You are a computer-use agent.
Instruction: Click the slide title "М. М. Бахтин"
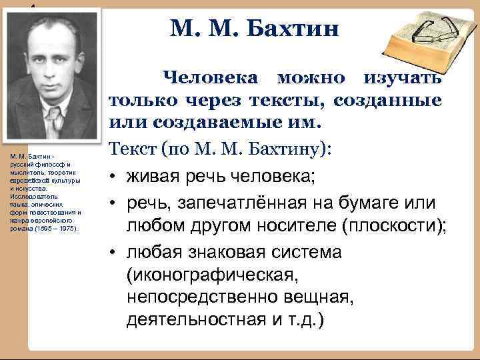click(x=255, y=29)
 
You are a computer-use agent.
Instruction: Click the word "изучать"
click(x=402, y=78)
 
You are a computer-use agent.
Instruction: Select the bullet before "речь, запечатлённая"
click(x=115, y=202)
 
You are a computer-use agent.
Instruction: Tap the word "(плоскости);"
click(x=393, y=226)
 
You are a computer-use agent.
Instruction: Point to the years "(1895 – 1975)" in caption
click(x=55, y=228)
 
